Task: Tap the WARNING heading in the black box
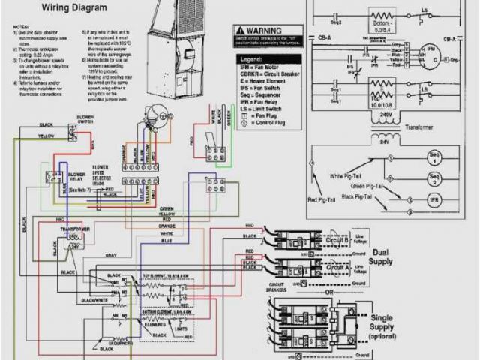pyautogui.click(x=262, y=31)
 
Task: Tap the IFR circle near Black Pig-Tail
pyautogui.click(x=433, y=200)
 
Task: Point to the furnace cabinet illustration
pyautogui.click(x=174, y=34)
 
